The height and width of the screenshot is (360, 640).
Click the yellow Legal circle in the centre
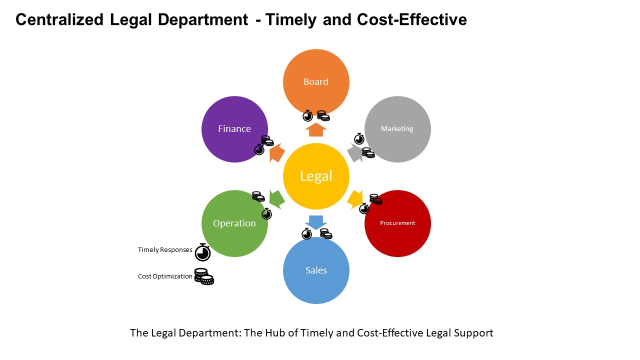click(x=316, y=176)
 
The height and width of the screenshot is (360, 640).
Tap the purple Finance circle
click(x=234, y=129)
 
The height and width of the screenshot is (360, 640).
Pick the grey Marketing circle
click(x=397, y=129)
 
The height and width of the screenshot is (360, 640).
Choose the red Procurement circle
click(x=397, y=223)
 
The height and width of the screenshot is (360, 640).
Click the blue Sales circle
click(x=316, y=270)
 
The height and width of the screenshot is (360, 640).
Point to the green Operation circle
click(x=234, y=223)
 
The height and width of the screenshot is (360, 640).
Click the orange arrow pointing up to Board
click(x=316, y=129)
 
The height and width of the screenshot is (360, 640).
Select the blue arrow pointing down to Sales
click(x=316, y=222)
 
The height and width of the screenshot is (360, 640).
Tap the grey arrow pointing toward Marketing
click(x=355, y=153)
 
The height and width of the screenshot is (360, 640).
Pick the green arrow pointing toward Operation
click(x=276, y=199)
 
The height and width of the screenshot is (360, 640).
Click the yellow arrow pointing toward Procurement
click(x=355, y=199)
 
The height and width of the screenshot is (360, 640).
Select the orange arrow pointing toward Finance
click(x=276, y=153)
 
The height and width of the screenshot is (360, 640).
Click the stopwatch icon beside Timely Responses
click(x=202, y=252)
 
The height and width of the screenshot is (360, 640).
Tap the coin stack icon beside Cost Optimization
click(x=204, y=276)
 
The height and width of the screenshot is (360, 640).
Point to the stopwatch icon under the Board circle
click(x=307, y=115)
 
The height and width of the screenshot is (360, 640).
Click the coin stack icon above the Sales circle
click(x=326, y=233)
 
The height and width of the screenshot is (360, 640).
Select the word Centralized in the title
click(x=59, y=19)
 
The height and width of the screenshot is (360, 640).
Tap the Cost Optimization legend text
click(x=165, y=276)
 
